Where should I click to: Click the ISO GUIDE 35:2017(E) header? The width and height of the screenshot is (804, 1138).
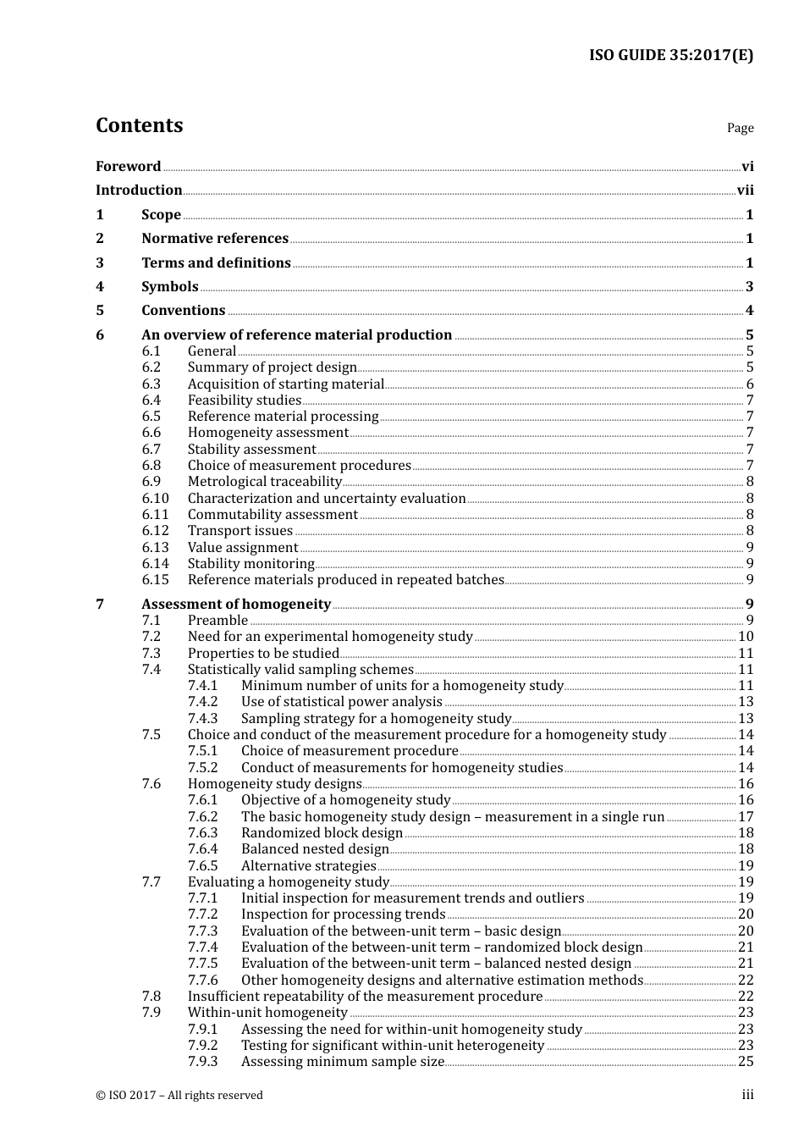670,56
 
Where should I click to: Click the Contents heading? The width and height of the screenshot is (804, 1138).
139,125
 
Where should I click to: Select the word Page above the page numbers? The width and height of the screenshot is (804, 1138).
740,128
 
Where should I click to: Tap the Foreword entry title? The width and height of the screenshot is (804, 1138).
128,167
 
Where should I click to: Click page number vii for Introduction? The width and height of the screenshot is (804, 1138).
745,191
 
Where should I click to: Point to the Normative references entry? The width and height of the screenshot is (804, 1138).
215,239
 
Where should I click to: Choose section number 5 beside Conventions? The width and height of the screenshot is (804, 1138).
100,311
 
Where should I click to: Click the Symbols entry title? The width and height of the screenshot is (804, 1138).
170,287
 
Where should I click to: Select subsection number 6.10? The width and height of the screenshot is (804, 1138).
155,499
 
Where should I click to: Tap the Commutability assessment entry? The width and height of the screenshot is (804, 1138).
273,515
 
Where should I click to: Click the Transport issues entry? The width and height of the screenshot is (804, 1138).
240,531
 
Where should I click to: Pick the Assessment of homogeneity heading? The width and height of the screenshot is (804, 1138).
236,605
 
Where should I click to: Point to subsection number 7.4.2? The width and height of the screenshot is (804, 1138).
202,702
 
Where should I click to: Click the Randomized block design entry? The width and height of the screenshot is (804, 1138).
322,833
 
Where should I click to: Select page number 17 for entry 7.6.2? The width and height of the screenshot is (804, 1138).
746,817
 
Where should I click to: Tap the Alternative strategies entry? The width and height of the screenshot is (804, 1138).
308,866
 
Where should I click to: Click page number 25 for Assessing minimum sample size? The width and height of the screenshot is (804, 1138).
746,1062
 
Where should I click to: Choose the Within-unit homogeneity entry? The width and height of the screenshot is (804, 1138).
267,1013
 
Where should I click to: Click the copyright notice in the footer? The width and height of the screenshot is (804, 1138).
179,1096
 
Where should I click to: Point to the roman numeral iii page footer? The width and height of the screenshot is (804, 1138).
747,1096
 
